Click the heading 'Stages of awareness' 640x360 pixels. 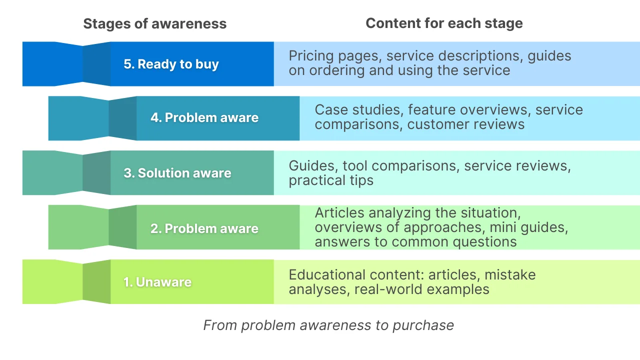pyautogui.click(x=154, y=23)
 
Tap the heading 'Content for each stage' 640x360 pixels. pyautogui.click(x=444, y=23)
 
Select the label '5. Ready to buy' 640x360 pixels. pyautogui.click(x=171, y=64)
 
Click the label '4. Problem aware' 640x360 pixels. pyautogui.click(x=204, y=118)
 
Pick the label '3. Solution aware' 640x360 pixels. pyautogui.click(x=177, y=173)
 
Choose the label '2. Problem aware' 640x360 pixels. pyautogui.click(x=204, y=228)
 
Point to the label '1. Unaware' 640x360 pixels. pyautogui.click(x=157, y=282)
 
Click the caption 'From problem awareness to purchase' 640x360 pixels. pyautogui.click(x=328, y=325)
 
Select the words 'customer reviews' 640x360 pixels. pyautogui.click(x=466, y=124)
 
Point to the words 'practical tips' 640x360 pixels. pyautogui.click(x=331, y=180)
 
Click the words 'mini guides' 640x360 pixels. pyautogui.click(x=528, y=227)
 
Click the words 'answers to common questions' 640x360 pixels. pyautogui.click(x=415, y=242)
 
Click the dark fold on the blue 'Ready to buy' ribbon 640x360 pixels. pyautogui.click(x=96, y=64)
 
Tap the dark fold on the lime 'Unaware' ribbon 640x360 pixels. pyautogui.click(x=96, y=282)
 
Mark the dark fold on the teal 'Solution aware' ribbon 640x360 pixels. pyautogui.click(x=96, y=173)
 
